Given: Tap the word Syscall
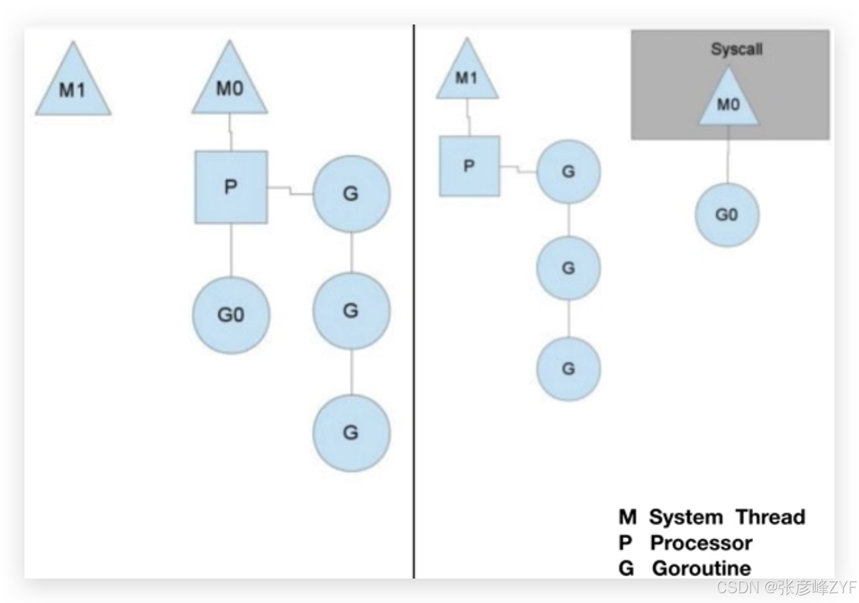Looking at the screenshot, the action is click(737, 49).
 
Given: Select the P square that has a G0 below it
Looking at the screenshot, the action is click(231, 187).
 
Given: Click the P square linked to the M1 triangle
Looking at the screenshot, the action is click(469, 166).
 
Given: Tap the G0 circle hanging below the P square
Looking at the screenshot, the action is click(231, 315).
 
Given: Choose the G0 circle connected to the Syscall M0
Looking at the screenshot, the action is click(727, 215).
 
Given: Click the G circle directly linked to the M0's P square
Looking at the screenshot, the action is click(351, 194).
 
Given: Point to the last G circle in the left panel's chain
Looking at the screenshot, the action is click(351, 433).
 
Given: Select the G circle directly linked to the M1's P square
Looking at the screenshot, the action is click(569, 171).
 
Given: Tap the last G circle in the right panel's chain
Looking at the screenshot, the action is click(569, 369).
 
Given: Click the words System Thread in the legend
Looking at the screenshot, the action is click(727, 517).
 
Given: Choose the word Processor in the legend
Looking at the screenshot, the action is click(701, 543).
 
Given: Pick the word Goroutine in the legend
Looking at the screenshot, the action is click(701, 568).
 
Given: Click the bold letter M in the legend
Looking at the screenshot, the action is click(628, 517).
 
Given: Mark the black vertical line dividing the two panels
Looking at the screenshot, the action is click(414, 301).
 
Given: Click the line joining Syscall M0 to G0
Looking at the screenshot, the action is click(728, 155).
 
